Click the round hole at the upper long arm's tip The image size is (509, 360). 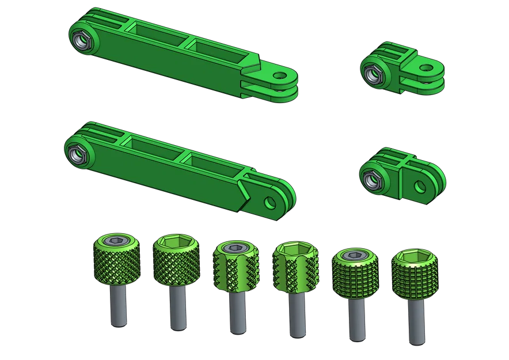coord(279,75)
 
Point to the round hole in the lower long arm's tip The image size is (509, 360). coord(269,202)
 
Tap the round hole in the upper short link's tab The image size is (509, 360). coord(426,69)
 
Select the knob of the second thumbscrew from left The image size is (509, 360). coord(176,262)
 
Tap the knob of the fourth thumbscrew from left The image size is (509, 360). coord(295,268)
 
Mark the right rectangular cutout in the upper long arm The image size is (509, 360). coord(216,48)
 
